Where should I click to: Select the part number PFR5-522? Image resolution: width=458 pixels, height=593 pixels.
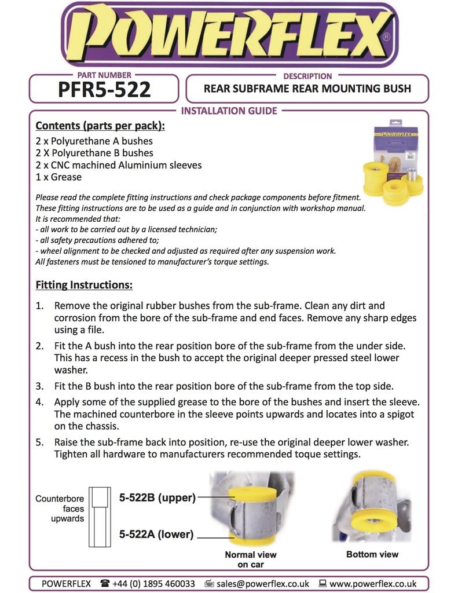point(104,90)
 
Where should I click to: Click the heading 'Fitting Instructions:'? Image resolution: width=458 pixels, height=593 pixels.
point(84,285)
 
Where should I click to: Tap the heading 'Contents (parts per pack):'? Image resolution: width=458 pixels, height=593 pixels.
point(100,126)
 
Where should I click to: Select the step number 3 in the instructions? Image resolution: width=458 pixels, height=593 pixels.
point(39,386)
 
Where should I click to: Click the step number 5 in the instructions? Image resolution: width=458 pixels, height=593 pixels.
point(39,442)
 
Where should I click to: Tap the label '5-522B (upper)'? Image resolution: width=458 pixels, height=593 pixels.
point(157,497)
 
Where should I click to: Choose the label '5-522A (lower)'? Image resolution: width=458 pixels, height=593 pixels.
point(156,534)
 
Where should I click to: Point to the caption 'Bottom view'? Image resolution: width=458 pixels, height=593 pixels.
point(372,554)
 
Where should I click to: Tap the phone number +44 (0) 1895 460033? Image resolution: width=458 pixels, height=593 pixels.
point(153,584)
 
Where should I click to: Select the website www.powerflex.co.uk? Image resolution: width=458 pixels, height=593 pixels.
point(372,584)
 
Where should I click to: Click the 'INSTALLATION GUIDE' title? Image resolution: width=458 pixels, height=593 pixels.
point(229,111)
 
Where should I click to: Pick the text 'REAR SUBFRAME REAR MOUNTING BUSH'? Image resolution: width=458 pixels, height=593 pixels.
point(307,89)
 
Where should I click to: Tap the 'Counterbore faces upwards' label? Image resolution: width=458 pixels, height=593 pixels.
point(60,508)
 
